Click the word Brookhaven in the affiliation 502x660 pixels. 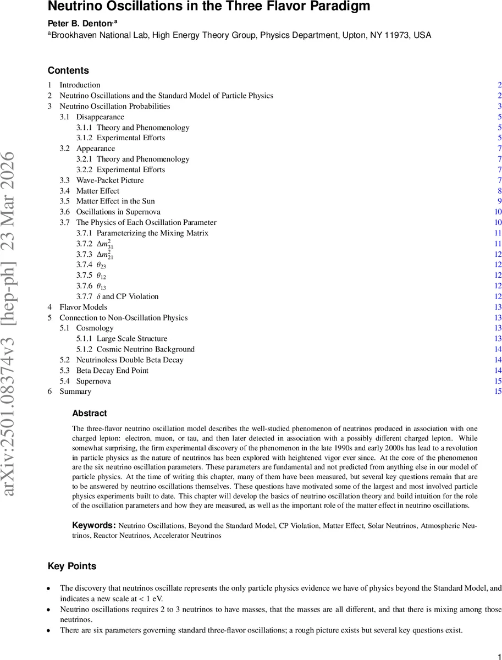pos(73,35)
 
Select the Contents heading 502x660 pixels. pos(68,70)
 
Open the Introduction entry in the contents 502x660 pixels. pos(80,85)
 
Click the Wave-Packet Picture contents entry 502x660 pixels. pos(110,180)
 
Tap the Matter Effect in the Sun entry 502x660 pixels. pos(115,201)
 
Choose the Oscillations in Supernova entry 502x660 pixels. pos(118,212)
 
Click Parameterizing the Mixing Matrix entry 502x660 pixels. pos(152,233)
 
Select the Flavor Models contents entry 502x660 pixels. pos(83,307)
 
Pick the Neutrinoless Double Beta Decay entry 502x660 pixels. pos(130,360)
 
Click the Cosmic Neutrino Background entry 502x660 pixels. pos(145,350)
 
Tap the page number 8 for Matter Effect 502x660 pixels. pos(499,191)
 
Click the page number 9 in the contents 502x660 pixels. pos(499,201)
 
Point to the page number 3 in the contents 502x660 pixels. pos(499,106)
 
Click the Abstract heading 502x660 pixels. pos(90,414)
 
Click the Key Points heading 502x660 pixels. pos(72,566)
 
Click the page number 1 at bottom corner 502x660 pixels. pos(498,654)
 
